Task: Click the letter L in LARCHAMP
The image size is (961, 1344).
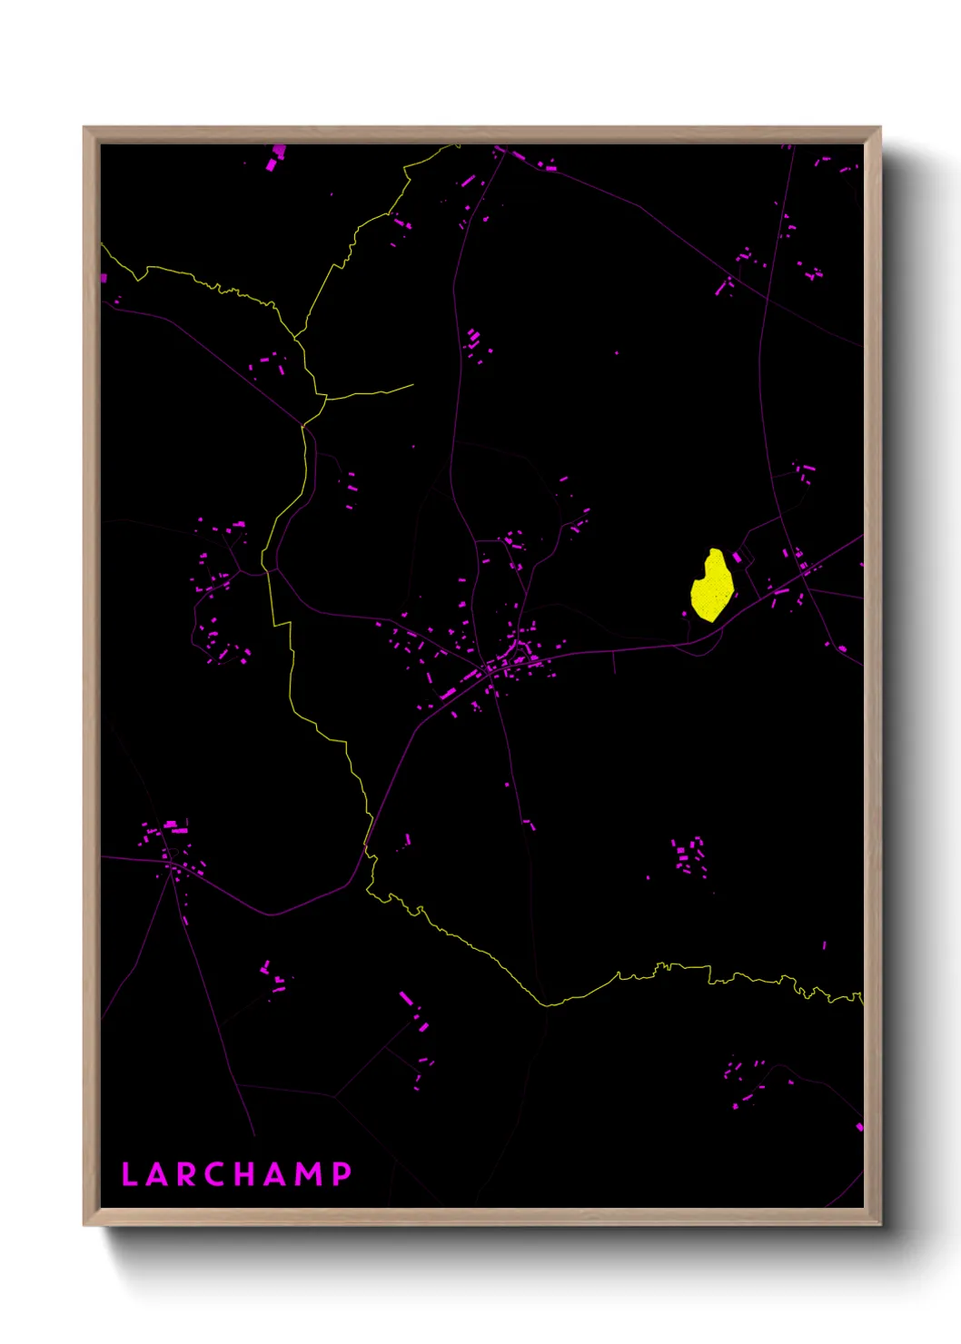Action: tap(128, 1174)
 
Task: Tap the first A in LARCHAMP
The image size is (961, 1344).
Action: tap(158, 1174)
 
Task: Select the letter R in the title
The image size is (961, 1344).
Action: tap(185, 1174)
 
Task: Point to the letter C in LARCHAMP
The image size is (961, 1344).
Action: tap(215, 1174)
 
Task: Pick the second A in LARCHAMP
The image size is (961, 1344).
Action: tap(278, 1174)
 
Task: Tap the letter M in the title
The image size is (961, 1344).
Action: tap(310, 1174)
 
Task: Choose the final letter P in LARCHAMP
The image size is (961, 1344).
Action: tap(342, 1174)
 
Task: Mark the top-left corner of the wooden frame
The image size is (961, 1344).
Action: tap(84, 128)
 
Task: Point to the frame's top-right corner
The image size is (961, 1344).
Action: tap(879, 128)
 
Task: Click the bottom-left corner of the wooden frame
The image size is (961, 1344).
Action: tap(84, 1224)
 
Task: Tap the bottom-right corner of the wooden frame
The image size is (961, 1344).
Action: tap(879, 1224)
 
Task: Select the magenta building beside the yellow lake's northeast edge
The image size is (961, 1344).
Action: tap(738, 557)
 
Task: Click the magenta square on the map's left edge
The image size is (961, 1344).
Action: tap(104, 278)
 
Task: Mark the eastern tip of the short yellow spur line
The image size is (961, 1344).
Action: tap(413, 385)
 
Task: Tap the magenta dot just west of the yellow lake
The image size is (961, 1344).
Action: tap(685, 614)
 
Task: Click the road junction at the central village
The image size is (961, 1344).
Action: tap(491, 670)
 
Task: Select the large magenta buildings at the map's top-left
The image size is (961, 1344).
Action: tap(275, 158)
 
